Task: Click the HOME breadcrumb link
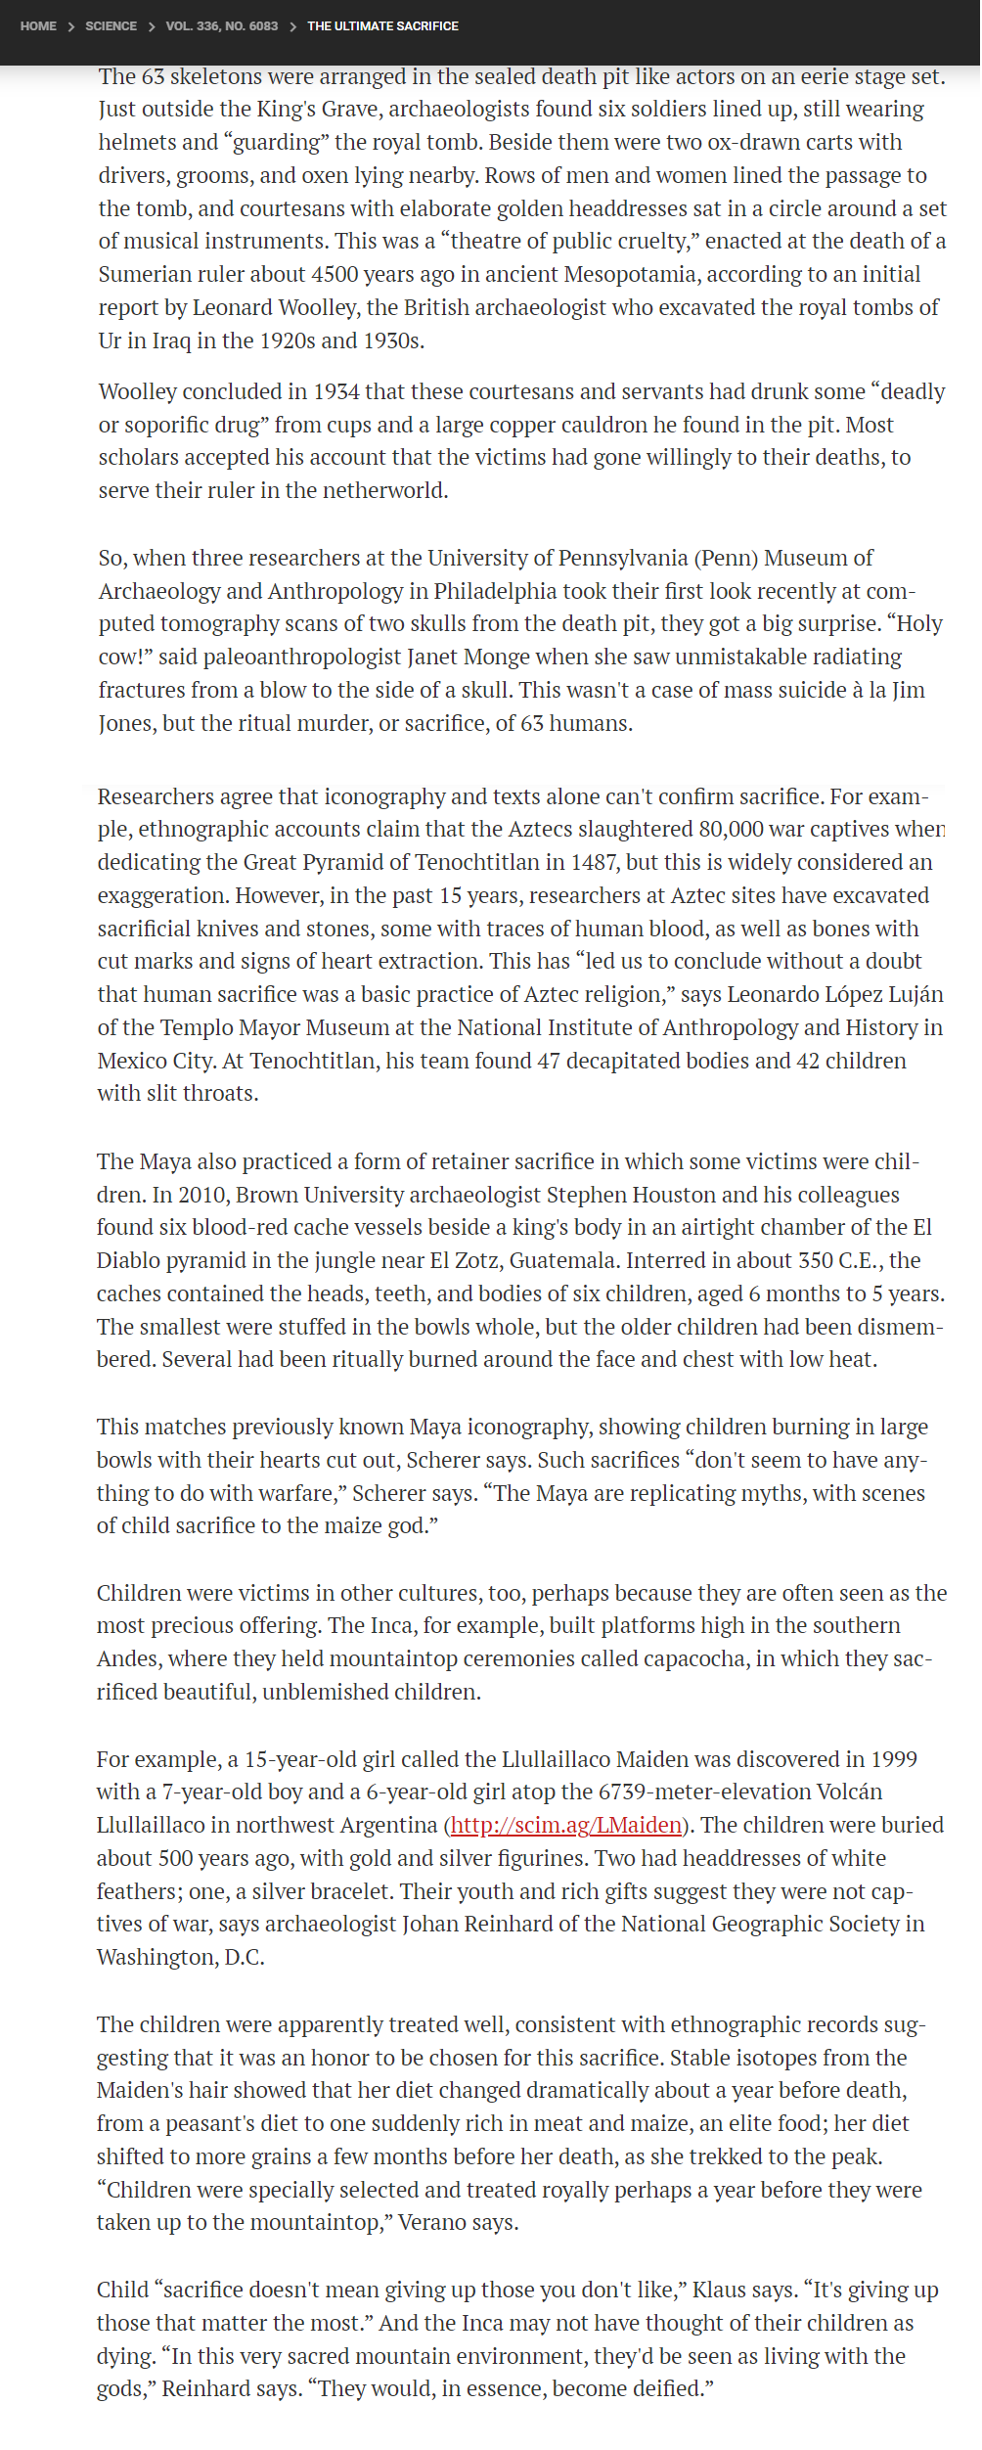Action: [x=38, y=26]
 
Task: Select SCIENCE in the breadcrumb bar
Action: [x=111, y=26]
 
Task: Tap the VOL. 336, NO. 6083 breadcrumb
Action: [x=221, y=26]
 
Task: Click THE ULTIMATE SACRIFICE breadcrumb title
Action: [x=382, y=26]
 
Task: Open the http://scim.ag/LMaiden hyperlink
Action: [x=565, y=1825]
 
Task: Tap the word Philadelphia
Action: [x=499, y=591]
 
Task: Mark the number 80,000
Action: [x=736, y=829]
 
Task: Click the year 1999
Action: [x=891, y=1759]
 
